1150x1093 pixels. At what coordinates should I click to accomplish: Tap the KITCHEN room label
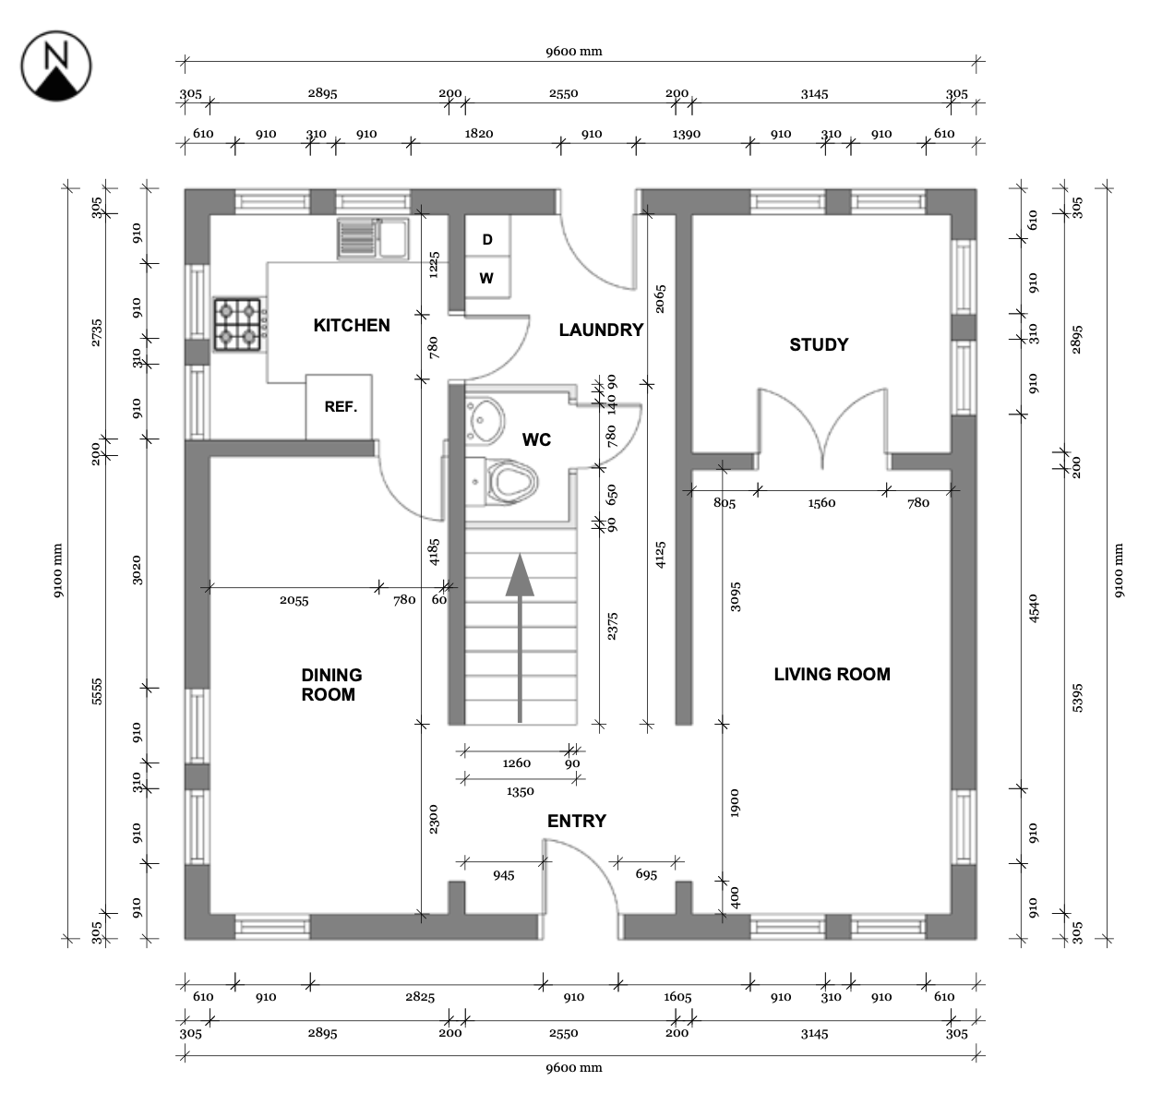[352, 325]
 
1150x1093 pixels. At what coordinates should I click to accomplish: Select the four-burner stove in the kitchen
[241, 324]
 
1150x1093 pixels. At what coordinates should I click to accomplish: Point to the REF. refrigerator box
[340, 406]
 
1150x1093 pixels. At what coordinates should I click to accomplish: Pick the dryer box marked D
[487, 239]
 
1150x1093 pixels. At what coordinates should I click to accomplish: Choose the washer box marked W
[486, 278]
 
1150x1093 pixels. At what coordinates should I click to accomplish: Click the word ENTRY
[577, 821]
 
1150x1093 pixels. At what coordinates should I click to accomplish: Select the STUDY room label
[819, 344]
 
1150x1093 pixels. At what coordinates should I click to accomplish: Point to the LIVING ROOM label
[832, 674]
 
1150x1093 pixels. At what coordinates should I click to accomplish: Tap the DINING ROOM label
[330, 684]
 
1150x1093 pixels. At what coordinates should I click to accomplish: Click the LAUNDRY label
[601, 330]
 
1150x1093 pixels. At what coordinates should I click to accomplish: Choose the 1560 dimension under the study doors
[821, 503]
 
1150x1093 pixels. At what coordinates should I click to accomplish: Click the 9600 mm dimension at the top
[573, 51]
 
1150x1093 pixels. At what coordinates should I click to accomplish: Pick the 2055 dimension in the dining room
[294, 600]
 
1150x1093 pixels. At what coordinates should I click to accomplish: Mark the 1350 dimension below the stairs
[521, 791]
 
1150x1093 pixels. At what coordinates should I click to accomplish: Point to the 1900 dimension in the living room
[735, 803]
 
